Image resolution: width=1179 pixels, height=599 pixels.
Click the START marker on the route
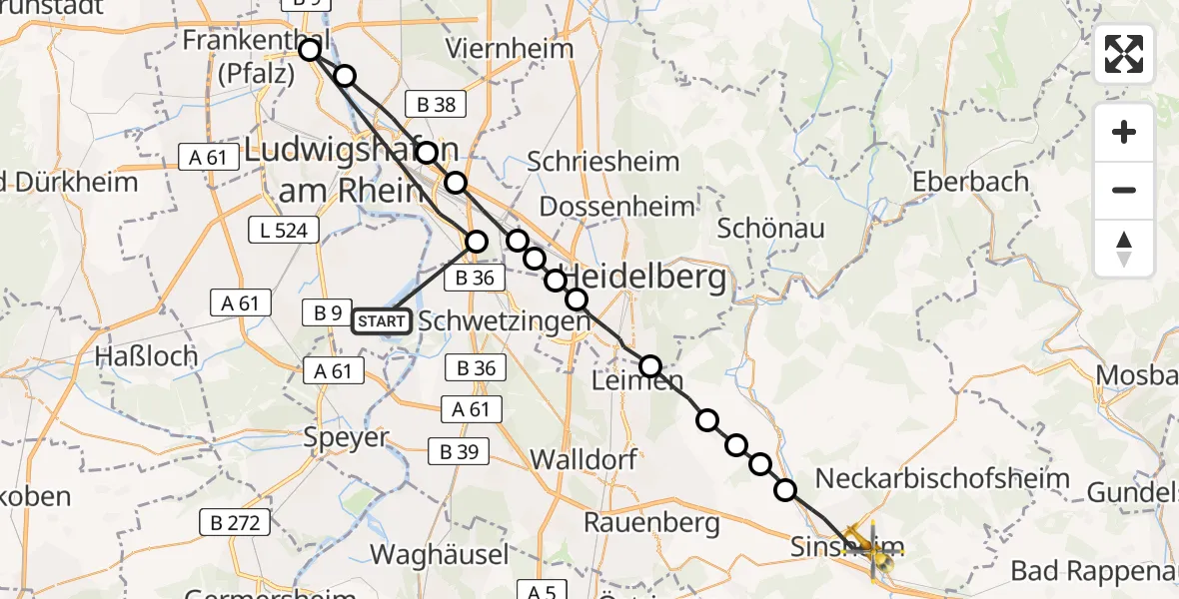[382, 320]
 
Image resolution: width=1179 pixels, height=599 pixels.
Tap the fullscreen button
[1124, 54]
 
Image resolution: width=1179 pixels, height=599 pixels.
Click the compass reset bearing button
[1124, 249]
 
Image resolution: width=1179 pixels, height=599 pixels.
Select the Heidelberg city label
[646, 279]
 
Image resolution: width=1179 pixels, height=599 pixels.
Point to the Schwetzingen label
[504, 321]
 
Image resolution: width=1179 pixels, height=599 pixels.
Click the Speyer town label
[347, 437]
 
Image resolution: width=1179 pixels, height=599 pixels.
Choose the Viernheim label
[510, 49]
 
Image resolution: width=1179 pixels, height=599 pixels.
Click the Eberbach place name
[969, 182]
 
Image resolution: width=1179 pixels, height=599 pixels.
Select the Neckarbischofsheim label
[942, 478]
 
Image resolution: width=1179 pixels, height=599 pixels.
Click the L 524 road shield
[284, 231]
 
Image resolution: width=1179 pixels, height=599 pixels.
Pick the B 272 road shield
[235, 521]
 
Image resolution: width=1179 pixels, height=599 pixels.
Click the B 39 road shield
[459, 451]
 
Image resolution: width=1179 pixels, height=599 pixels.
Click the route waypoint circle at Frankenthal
[310, 49]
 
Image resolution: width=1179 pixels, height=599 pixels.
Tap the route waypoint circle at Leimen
[650, 366]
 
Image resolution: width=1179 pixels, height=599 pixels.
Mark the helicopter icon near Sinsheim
[865, 546]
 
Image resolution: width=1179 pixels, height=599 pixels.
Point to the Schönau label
[771, 229]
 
